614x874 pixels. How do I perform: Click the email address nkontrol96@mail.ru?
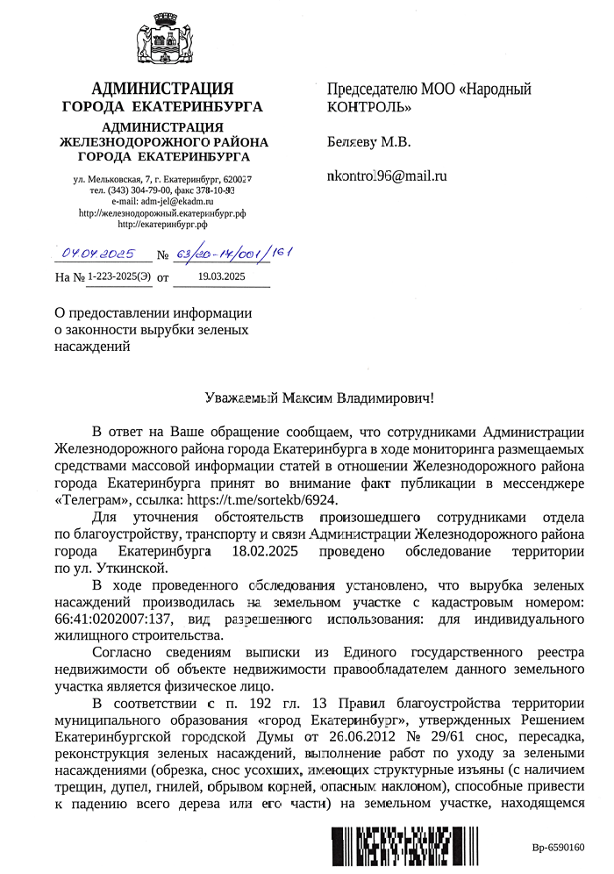pos(387,176)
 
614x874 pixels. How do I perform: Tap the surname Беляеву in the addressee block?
pos(353,142)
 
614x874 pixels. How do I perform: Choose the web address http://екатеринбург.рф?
pos(161,225)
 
